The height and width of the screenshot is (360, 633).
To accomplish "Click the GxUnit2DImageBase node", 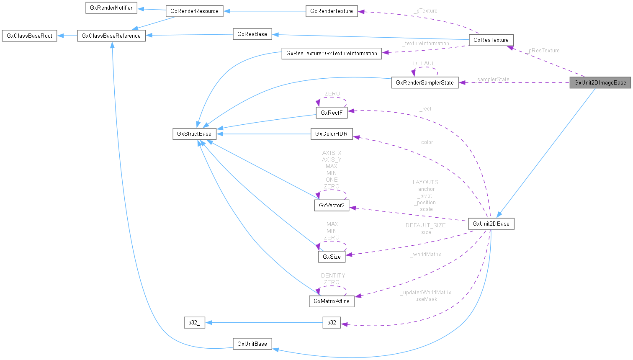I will tap(600, 82).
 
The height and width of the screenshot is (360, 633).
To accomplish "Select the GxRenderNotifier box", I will tap(111, 8).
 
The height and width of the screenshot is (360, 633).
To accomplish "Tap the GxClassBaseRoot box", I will tap(29, 36).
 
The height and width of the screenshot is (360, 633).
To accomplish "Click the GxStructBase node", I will tap(194, 134).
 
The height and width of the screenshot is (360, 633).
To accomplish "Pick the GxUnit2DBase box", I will tap(491, 224).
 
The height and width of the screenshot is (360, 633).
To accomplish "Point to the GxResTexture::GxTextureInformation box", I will tap(332, 53).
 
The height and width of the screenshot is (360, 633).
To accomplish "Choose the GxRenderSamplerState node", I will tap(425, 82).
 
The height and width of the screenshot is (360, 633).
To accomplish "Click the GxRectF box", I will tap(332, 113).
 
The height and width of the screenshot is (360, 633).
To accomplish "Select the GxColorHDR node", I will tap(332, 134).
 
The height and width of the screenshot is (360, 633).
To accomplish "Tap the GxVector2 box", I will tap(332, 205).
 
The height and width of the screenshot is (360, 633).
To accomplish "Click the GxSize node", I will tap(332, 257).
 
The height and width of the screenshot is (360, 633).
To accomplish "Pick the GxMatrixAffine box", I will tap(332, 301).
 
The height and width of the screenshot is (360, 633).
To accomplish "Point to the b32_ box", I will tap(194, 322).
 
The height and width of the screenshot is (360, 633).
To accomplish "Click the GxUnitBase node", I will tap(252, 344).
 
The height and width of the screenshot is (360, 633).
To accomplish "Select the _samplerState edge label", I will tap(492, 79).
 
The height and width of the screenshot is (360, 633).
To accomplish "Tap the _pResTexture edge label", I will tap(543, 50).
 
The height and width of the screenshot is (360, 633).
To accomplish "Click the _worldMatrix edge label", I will tap(426, 254).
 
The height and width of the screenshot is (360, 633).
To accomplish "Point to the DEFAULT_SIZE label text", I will tap(425, 225).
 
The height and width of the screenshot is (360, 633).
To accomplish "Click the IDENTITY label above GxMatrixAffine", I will tap(332, 275).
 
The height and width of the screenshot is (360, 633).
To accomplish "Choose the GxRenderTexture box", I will tap(332, 11).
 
